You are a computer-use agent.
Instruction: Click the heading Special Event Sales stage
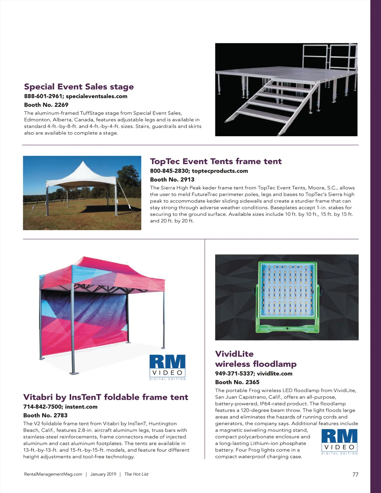79,87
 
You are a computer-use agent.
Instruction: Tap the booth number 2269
61,105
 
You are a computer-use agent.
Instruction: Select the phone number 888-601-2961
43,96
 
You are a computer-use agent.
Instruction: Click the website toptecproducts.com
220,171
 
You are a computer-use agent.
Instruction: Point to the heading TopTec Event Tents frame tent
216,161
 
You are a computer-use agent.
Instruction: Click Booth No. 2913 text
172,179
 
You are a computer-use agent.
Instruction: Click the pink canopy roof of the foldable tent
105,273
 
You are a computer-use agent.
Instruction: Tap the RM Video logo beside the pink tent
167,367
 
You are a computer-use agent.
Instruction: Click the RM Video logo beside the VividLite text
339,441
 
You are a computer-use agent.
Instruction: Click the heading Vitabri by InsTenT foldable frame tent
106,397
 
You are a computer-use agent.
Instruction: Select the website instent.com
81,407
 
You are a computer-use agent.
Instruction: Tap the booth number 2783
60,415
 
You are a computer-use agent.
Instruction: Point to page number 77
355,475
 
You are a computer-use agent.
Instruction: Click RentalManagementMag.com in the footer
53,474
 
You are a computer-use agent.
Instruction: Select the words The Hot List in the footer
136,474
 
